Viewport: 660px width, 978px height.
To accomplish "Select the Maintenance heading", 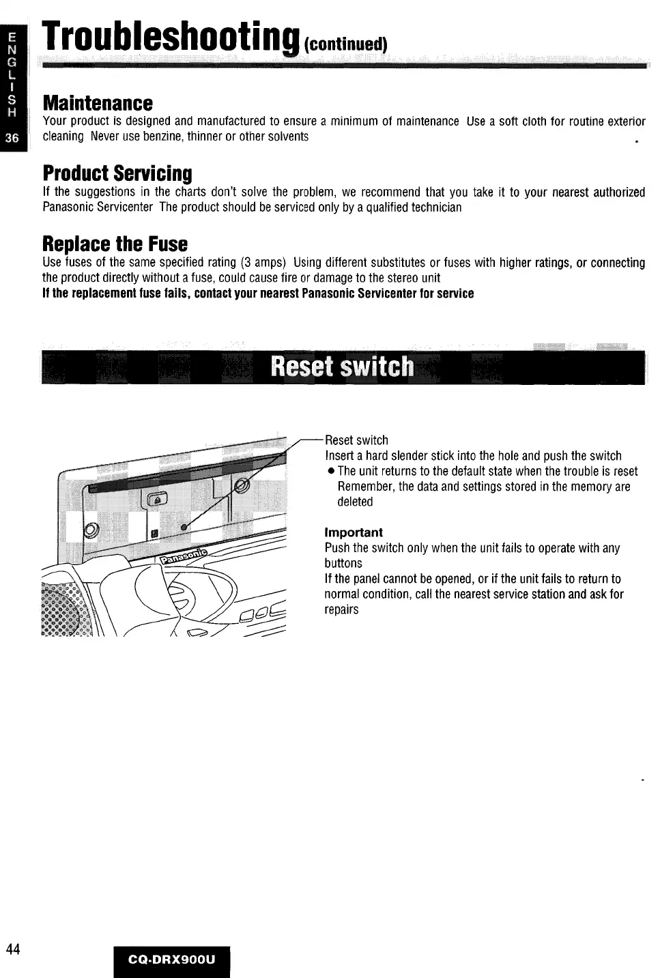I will [x=98, y=103].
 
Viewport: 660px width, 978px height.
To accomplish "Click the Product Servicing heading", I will [x=117, y=173].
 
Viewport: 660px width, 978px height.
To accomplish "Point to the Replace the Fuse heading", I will [x=115, y=244].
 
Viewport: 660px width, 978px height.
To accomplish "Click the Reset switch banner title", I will [x=342, y=366].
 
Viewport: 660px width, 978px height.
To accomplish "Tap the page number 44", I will [x=14, y=949].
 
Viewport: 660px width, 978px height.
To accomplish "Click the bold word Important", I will [x=354, y=532].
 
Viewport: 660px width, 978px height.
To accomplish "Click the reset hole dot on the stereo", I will [x=183, y=528].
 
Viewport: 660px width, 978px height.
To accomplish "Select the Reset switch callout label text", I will [x=356, y=440].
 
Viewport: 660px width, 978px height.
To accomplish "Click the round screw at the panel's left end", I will [x=91, y=530].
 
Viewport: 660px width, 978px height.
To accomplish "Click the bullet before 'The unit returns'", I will [x=330, y=472].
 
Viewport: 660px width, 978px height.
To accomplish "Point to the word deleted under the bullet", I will [x=355, y=502].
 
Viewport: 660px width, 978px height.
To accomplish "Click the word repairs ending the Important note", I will [x=341, y=609].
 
